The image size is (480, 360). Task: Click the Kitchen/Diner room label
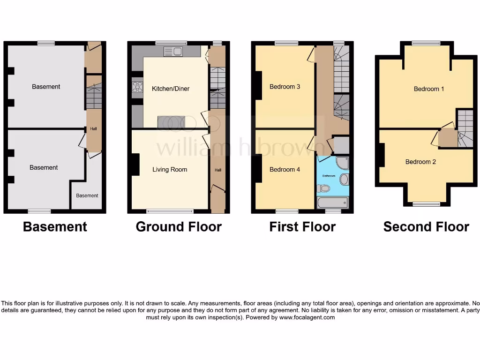[x=171, y=89]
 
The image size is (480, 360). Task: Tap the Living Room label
[x=170, y=170]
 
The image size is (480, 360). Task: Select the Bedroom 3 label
[x=285, y=87]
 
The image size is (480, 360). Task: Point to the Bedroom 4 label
[x=285, y=170]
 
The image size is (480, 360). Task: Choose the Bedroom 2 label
[x=420, y=162]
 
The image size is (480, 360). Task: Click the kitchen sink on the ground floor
[x=173, y=52]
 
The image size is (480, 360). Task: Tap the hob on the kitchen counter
[x=138, y=87]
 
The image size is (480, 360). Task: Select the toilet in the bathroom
[x=323, y=188]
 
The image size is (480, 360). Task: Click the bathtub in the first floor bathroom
[x=333, y=202]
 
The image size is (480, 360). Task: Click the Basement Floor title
[x=55, y=227]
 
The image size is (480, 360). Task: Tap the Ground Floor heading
[x=179, y=227]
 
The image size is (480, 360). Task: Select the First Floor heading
[x=302, y=227]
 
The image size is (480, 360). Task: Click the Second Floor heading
[x=426, y=227]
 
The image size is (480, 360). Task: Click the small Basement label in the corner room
[x=87, y=196]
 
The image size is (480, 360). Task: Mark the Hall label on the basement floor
[x=94, y=129]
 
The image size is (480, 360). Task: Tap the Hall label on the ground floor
[x=218, y=170]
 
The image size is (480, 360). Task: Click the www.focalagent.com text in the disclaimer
[x=307, y=317]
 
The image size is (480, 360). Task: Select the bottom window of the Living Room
[x=170, y=211]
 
